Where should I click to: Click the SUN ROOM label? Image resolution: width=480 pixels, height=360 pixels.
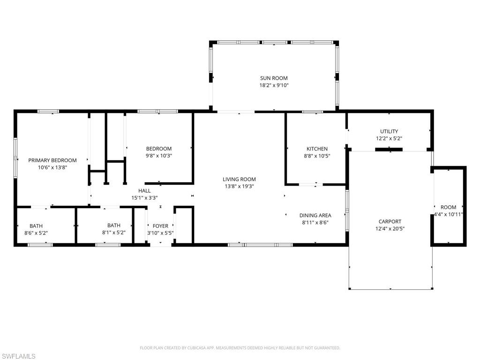[x=274, y=78]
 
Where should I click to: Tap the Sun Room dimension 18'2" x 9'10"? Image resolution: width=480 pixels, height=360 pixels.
[x=274, y=86]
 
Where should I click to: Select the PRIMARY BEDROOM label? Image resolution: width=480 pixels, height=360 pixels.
[x=52, y=160]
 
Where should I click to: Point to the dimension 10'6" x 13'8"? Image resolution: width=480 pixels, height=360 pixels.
[x=52, y=167]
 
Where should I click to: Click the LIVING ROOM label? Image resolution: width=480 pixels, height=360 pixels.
[x=239, y=179]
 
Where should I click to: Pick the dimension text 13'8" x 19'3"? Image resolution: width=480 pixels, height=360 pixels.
[x=239, y=186]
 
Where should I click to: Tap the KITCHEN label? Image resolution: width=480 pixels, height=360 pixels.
[x=317, y=149]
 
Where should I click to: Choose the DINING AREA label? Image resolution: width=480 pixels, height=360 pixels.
[x=315, y=216]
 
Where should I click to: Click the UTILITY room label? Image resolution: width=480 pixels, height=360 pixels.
[x=389, y=131]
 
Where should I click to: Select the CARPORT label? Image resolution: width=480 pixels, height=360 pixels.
[x=390, y=222]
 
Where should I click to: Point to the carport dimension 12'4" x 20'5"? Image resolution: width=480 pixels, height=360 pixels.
[x=390, y=229]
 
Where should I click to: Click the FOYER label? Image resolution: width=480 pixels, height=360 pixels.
[x=160, y=226]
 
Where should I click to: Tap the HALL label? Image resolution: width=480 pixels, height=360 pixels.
[x=144, y=191]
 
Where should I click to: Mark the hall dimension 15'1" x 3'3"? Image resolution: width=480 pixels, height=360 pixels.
[x=144, y=198]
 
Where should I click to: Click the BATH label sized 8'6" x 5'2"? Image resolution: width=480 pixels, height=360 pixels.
[x=36, y=225]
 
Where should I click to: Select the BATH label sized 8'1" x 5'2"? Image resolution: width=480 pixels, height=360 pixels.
[x=114, y=225]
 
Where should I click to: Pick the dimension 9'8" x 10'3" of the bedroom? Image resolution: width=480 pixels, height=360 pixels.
[x=158, y=156]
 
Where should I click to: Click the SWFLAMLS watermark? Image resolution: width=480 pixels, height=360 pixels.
[x=18, y=356]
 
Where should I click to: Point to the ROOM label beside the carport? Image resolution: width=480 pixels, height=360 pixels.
[x=448, y=207]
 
